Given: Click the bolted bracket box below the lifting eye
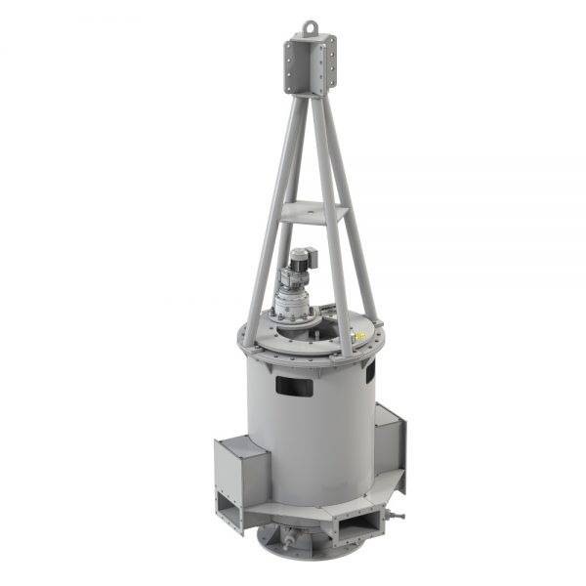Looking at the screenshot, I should (x=311, y=64).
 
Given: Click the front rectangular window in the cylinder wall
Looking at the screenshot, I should (x=294, y=387).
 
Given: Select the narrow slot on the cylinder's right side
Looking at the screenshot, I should (x=370, y=370).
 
